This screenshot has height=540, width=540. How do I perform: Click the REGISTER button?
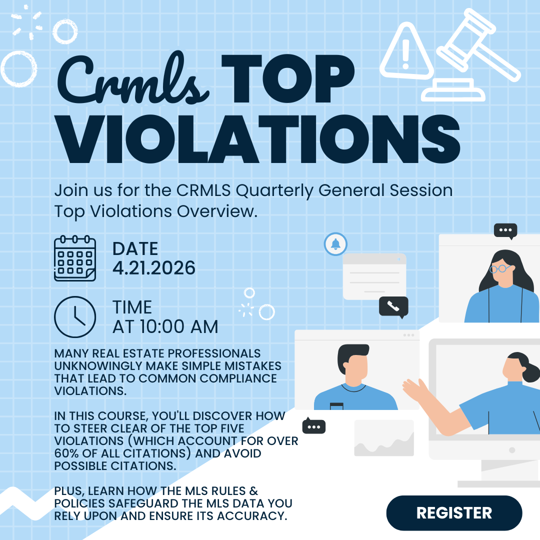(x=454, y=513)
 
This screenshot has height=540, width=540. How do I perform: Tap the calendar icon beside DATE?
(x=75, y=258)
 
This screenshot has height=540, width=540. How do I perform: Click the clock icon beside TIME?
(x=75, y=317)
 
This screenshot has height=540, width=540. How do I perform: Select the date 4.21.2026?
(x=154, y=268)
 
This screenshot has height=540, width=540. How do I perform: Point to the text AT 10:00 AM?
(x=165, y=327)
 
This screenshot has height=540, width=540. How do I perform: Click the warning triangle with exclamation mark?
(x=406, y=51)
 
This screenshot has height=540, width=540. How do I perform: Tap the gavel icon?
(x=470, y=55)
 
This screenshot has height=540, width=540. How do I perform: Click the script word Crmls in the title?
(x=132, y=79)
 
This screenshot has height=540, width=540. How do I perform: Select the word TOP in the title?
(x=288, y=78)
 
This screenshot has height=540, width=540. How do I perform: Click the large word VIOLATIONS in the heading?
(x=257, y=139)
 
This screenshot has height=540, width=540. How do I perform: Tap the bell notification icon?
(x=336, y=244)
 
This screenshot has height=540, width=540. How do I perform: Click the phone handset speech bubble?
(x=393, y=306)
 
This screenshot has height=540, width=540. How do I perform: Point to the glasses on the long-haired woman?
(x=500, y=268)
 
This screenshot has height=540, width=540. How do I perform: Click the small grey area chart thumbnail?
(x=384, y=438)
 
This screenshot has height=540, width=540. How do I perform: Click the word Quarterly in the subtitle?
(x=274, y=191)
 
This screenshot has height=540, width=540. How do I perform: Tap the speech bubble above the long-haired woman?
(x=505, y=230)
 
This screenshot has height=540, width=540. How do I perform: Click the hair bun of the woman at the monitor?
(x=531, y=372)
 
